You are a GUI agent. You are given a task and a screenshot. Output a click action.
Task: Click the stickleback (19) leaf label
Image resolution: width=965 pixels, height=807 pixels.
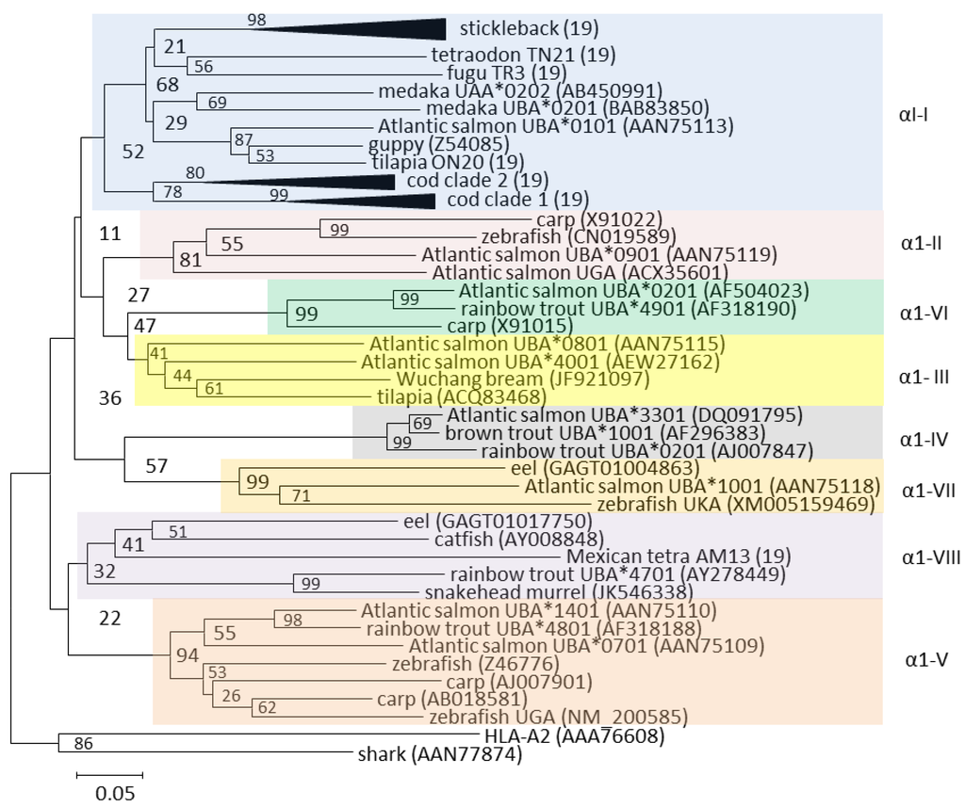click(x=529, y=28)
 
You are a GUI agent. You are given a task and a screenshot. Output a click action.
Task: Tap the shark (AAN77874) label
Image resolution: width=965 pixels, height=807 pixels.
click(x=438, y=753)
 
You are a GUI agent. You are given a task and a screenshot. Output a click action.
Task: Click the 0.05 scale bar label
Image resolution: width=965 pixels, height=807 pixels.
click(x=115, y=792)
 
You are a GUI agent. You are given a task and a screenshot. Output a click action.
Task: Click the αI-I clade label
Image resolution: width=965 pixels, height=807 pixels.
click(x=913, y=115)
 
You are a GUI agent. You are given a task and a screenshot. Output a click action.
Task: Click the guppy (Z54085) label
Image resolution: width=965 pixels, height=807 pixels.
click(x=438, y=144)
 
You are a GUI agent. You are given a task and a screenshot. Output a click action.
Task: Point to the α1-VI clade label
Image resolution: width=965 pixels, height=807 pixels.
click(x=923, y=312)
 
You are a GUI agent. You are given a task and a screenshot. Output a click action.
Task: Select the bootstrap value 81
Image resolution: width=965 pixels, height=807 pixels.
click(x=190, y=260)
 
